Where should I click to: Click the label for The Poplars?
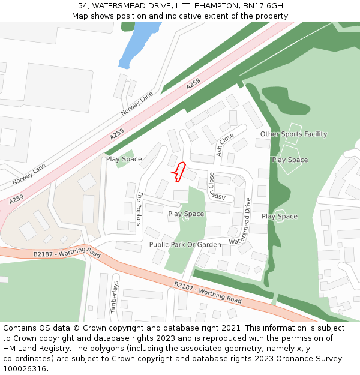pos(140,208)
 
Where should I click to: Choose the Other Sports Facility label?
pos(293,134)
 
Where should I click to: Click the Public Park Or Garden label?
pos(185,245)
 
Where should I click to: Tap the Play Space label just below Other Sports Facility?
pos(290,160)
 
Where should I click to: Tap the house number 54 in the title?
pos(83,6)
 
